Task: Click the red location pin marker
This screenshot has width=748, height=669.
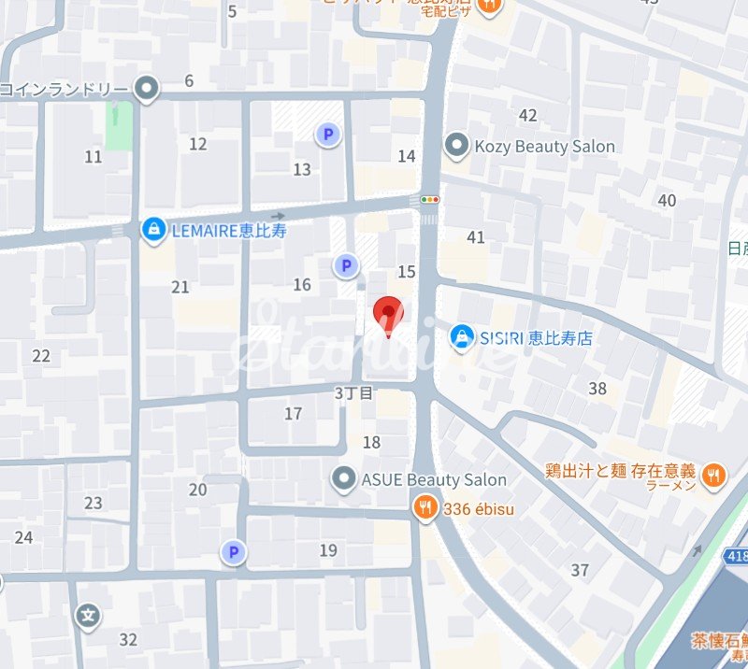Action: coord(388,315)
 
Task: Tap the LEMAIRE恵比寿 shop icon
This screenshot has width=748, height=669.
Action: coord(153,228)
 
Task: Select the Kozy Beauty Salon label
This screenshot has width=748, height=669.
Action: coord(544,146)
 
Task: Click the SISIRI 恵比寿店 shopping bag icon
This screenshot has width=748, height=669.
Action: coord(461,337)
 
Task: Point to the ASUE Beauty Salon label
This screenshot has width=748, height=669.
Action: coord(434,479)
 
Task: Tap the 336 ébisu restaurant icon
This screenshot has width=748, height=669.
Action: coord(424,507)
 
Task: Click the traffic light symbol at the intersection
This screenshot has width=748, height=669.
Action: coord(430,199)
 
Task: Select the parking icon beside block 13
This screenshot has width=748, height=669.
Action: coord(327,135)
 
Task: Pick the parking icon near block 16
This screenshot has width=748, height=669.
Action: coord(347,266)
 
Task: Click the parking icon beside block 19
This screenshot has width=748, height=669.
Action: coord(233,552)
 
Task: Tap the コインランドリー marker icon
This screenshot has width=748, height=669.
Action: coord(146,89)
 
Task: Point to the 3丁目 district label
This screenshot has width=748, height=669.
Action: coord(353,393)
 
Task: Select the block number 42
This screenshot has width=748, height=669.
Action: coord(528,115)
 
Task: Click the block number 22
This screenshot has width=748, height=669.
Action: coord(41,355)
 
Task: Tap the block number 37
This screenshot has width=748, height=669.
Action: coord(580,569)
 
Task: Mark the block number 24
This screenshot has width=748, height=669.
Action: coord(23,536)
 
